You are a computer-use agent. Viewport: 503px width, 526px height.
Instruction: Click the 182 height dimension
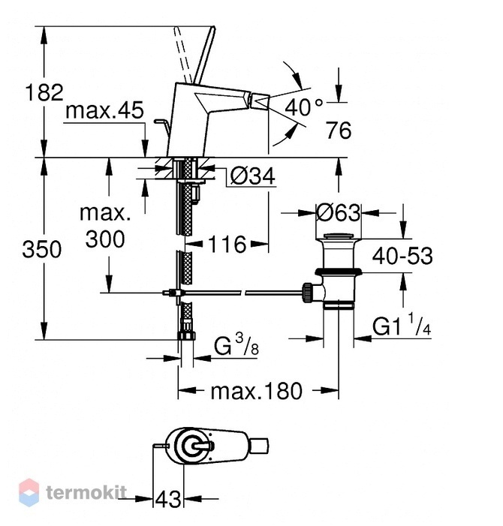point(44,92)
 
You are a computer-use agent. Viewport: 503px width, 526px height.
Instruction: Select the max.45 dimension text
point(104,110)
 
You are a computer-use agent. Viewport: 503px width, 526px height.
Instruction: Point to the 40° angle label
point(304,107)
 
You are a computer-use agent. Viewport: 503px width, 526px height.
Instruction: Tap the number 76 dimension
point(339,130)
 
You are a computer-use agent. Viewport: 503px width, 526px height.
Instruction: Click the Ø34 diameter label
point(253,176)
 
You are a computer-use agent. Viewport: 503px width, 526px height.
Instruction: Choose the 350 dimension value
point(42,250)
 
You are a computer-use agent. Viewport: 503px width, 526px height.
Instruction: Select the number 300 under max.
point(105,239)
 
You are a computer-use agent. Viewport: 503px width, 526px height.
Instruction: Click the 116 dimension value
point(227,244)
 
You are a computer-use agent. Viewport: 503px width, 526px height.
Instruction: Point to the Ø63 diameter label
point(339,212)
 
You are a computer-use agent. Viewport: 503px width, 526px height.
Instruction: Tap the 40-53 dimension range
point(402,256)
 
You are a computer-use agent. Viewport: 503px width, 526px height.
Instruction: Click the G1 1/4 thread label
point(402,324)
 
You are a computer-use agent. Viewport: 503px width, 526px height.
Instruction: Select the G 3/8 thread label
point(236,345)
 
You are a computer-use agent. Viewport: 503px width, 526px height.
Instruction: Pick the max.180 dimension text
point(256,391)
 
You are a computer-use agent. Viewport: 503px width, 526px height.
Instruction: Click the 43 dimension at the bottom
point(168,499)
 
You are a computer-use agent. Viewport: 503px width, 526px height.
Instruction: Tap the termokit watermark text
point(86,492)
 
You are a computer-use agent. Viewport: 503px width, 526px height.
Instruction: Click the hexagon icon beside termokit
point(29,492)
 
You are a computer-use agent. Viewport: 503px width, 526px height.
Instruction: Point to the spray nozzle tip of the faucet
point(261,102)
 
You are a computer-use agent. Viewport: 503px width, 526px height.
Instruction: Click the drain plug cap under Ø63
point(339,235)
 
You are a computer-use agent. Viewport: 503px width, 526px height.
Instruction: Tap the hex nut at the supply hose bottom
point(186,336)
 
